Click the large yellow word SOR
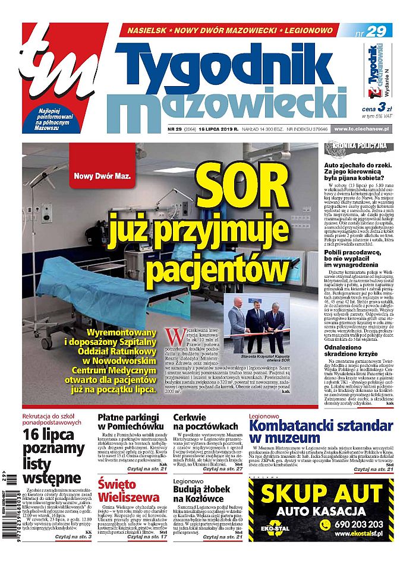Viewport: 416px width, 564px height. tap(247, 189)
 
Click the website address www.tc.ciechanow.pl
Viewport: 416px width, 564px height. tap(360, 129)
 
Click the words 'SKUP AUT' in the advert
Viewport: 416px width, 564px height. tap(321, 493)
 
